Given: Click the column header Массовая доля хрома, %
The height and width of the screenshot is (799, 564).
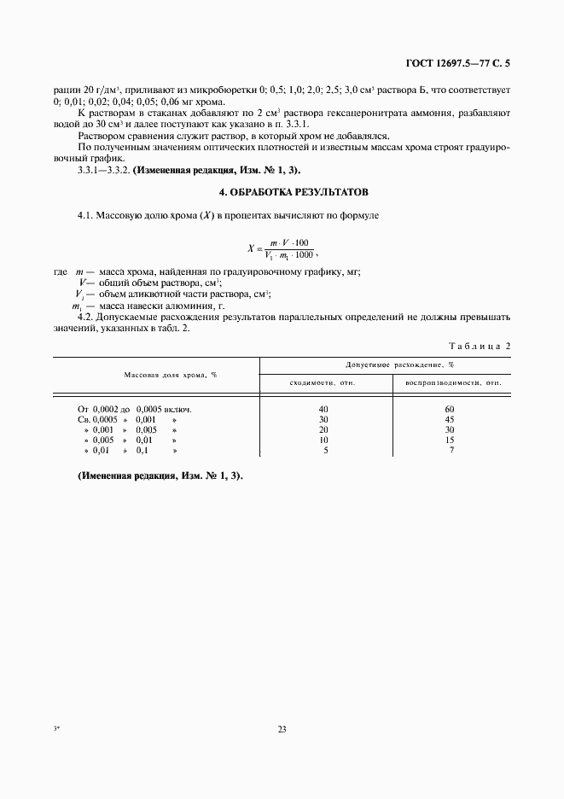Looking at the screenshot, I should pyautogui.click(x=171, y=375).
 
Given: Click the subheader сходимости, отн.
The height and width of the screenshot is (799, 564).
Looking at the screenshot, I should pyautogui.click(x=323, y=383).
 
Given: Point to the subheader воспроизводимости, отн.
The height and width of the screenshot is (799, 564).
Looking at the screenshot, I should pyautogui.click(x=453, y=383).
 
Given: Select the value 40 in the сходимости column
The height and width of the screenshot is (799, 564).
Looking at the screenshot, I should pyautogui.click(x=323, y=409).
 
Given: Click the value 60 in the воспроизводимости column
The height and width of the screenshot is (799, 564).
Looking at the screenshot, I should pyautogui.click(x=449, y=409).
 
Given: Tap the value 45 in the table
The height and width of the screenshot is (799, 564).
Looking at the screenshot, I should pyautogui.click(x=449, y=419).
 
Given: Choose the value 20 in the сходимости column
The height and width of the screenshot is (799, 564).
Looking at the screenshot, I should pyautogui.click(x=323, y=429).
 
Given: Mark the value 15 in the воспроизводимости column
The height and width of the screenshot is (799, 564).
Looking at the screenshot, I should pyautogui.click(x=449, y=440).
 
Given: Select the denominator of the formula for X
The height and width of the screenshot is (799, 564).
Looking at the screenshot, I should pyautogui.click(x=288, y=255).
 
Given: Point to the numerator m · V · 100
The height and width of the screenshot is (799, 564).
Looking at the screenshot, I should pyautogui.click(x=289, y=243).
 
